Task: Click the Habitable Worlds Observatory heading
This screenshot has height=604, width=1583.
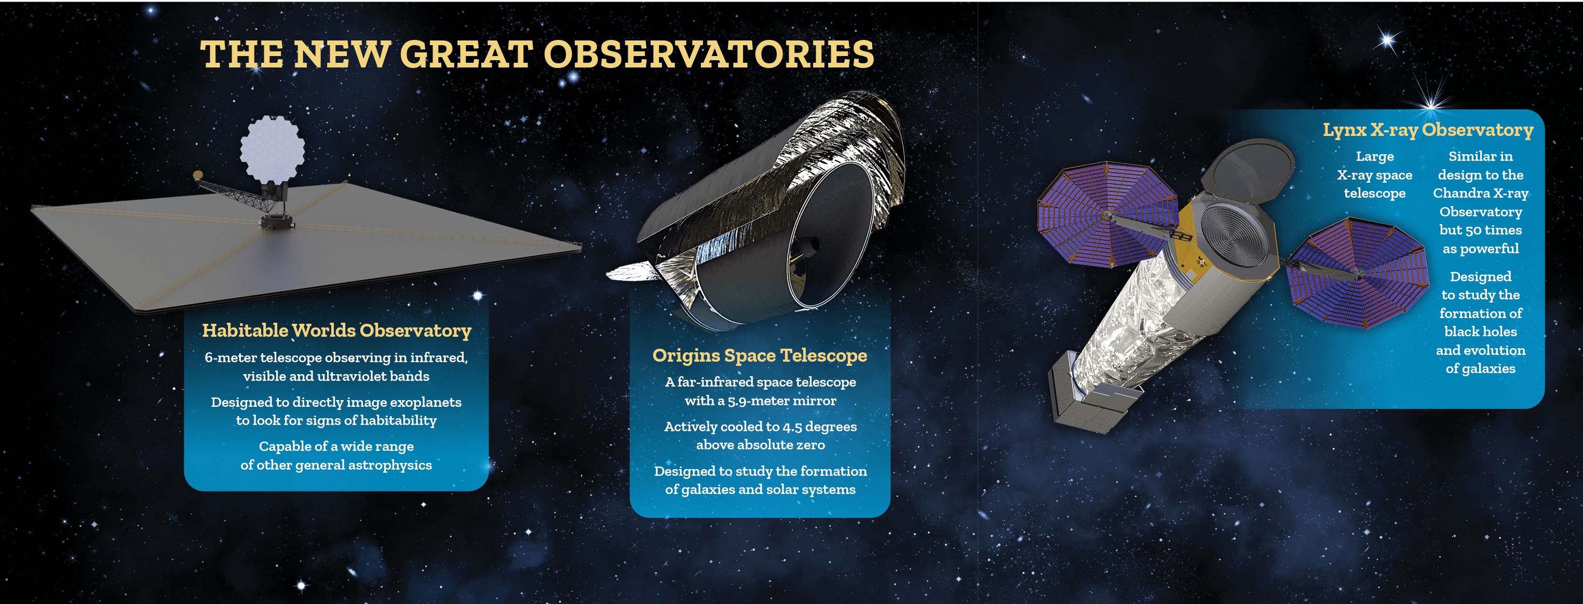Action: pyautogui.click(x=337, y=331)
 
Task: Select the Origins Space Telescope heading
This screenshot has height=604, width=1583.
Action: pyautogui.click(x=760, y=356)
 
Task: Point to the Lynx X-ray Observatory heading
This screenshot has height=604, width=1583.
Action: pyautogui.click(x=1428, y=130)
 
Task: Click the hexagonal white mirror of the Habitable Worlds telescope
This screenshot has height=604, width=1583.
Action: pyautogui.click(x=272, y=149)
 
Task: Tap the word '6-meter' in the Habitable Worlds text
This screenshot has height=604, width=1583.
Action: pyautogui.click(x=231, y=358)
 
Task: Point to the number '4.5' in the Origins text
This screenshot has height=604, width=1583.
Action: pyautogui.click(x=792, y=427)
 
